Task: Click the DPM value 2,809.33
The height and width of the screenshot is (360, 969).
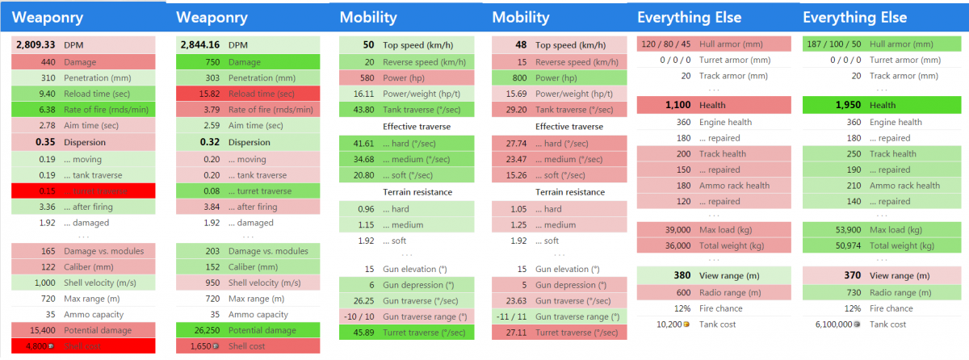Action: (x=36, y=45)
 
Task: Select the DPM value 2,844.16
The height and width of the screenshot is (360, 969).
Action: (x=199, y=45)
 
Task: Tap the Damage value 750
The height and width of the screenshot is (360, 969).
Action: (x=209, y=62)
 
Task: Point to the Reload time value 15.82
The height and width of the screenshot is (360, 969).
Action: (x=207, y=94)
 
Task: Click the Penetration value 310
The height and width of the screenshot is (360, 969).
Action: (x=48, y=77)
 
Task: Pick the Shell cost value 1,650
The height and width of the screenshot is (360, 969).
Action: (x=201, y=346)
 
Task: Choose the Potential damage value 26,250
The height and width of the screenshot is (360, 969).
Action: (x=202, y=330)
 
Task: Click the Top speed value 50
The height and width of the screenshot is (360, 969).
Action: (x=368, y=45)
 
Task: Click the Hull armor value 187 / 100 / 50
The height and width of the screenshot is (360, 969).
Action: (x=833, y=44)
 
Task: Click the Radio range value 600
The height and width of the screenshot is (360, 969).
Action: (x=683, y=292)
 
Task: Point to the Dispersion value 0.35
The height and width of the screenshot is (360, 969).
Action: (x=44, y=142)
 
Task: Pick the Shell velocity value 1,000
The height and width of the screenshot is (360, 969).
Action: (x=42, y=282)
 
